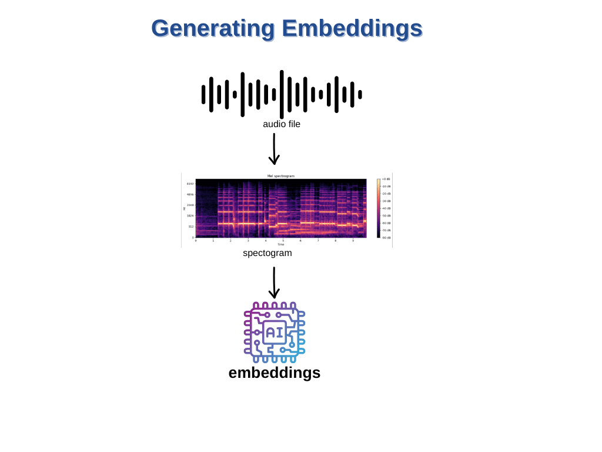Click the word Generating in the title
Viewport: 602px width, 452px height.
(x=213, y=28)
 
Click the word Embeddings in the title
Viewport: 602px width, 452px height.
(x=352, y=28)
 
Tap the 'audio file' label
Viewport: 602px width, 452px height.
(x=282, y=124)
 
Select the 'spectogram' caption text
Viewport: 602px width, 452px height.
(x=267, y=253)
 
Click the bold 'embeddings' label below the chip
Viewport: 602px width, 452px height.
(x=275, y=373)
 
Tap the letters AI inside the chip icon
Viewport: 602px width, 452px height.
(x=274, y=333)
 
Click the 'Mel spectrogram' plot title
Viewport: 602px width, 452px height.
(x=281, y=176)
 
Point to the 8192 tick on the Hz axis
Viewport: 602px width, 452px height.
(x=190, y=184)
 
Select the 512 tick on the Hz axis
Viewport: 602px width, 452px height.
(x=191, y=227)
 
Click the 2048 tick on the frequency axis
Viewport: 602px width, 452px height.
(x=190, y=205)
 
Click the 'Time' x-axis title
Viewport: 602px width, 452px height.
(x=281, y=244)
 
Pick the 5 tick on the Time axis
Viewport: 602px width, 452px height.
(x=283, y=241)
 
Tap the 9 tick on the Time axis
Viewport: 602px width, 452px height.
(x=353, y=241)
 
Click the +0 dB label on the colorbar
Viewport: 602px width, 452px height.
(x=386, y=179)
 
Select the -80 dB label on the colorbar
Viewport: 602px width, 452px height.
(x=386, y=238)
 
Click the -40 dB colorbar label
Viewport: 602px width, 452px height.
(x=386, y=208)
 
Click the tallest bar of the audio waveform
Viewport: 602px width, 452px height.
(x=282, y=94)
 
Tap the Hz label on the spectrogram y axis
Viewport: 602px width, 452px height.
(x=184, y=208)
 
